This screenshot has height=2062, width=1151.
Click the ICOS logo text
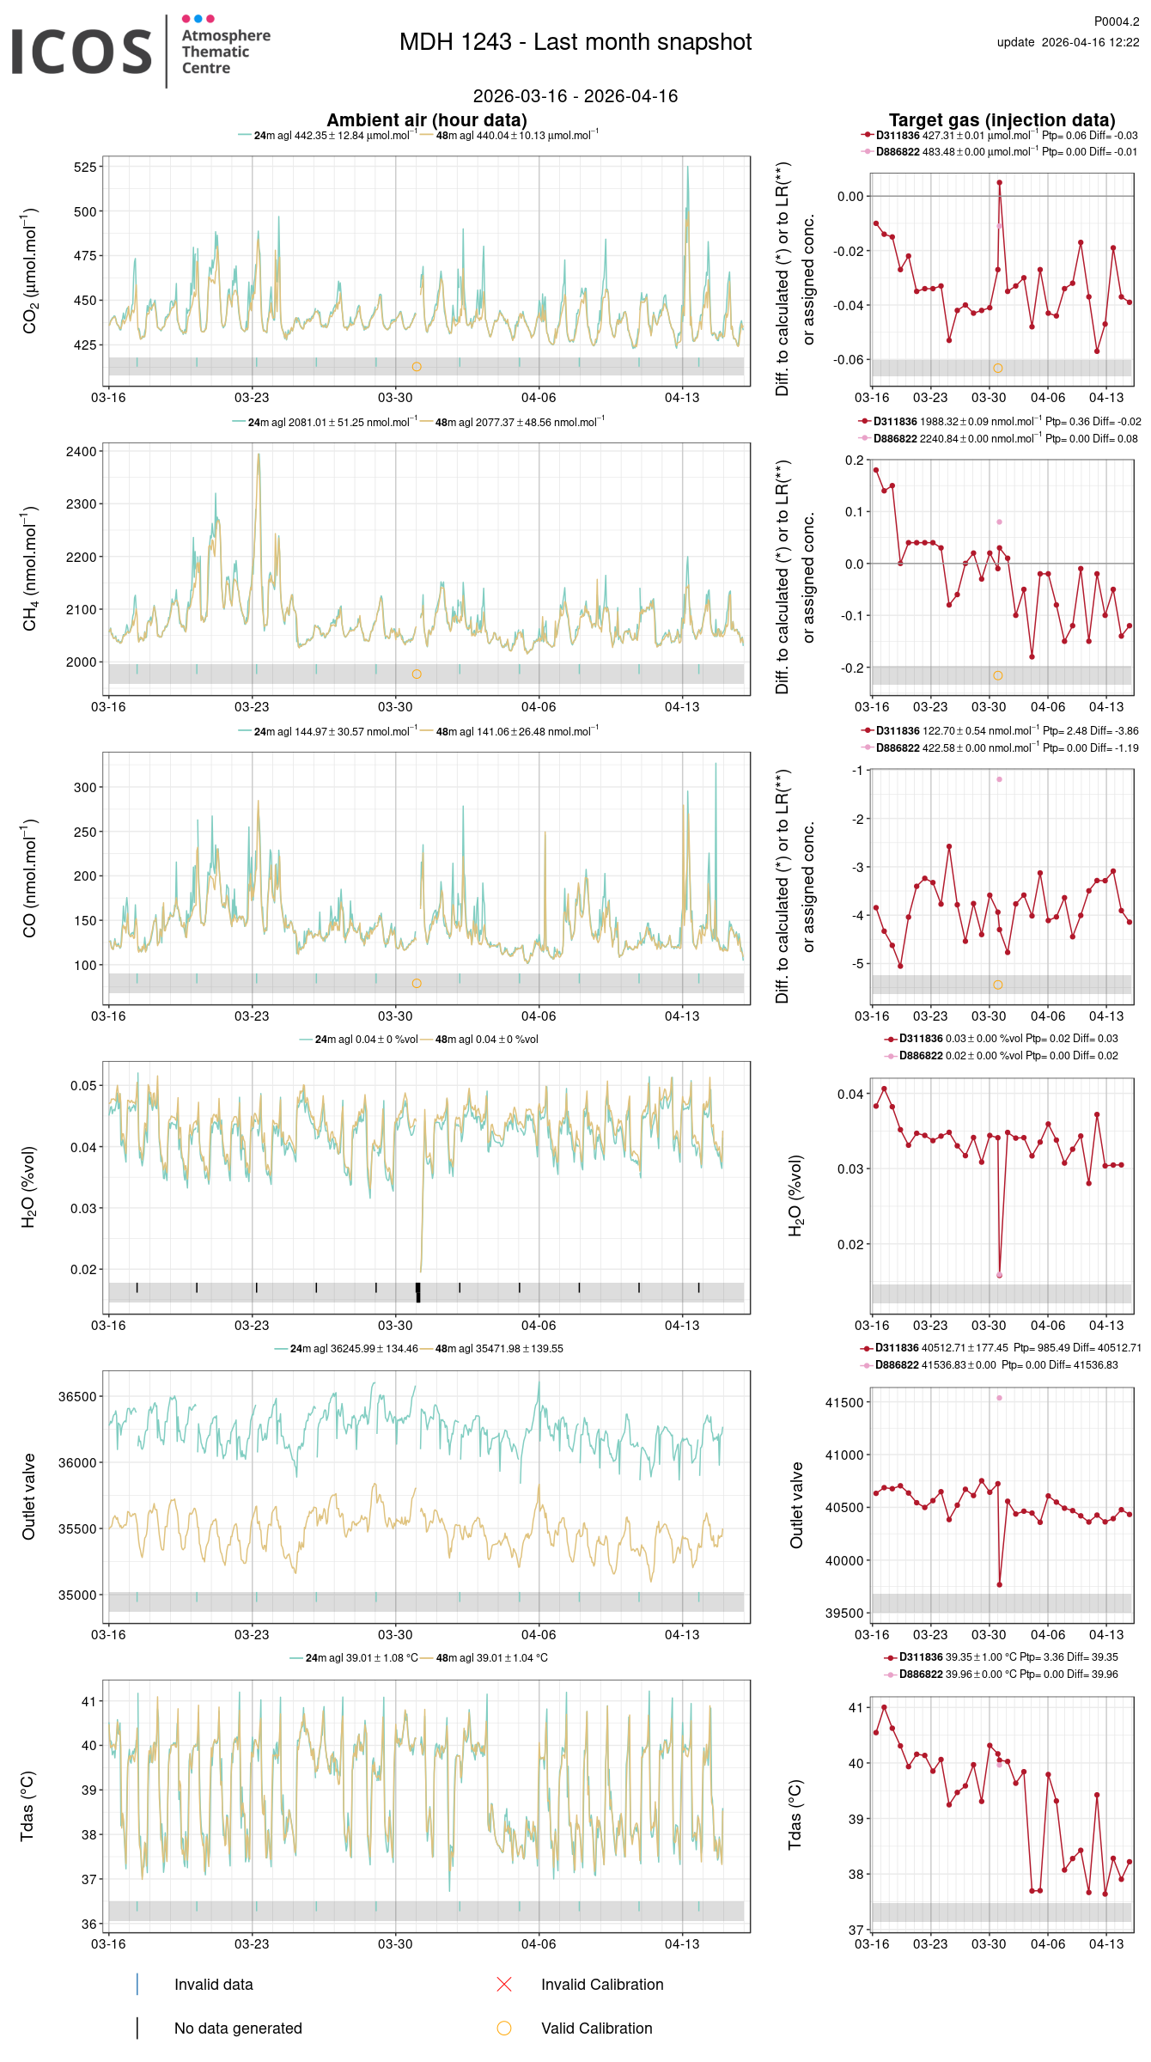point(82,52)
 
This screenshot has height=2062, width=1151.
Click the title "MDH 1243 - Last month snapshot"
point(575,42)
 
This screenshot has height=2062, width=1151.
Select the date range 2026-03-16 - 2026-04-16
point(575,96)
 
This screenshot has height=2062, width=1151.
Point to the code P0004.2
point(1116,21)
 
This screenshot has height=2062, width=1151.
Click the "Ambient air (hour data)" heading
point(427,120)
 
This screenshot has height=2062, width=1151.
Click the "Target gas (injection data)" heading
point(1002,120)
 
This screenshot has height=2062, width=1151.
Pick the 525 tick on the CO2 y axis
point(85,167)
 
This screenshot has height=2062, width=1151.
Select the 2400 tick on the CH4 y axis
point(82,452)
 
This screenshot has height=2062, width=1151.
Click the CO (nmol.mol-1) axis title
point(30,877)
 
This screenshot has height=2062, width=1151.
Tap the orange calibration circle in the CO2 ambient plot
point(417,367)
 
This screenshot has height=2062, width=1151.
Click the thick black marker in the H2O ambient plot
point(418,1290)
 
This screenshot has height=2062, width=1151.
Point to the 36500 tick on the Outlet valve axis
point(77,1397)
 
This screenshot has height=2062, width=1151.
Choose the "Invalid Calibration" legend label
point(602,1985)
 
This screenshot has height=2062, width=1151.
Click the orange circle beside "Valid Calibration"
point(504,2028)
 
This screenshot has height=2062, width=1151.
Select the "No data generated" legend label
point(238,2028)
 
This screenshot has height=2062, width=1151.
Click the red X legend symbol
point(504,1985)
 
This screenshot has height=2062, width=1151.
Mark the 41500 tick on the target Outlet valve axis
point(844,1402)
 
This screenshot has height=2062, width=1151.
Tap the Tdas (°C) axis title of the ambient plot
point(27,1806)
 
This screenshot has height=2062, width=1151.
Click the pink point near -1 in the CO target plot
point(999,779)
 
